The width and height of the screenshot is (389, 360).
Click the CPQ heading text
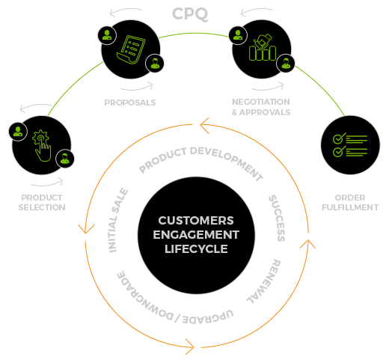click(x=190, y=14)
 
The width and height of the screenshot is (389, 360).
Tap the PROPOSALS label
click(x=130, y=103)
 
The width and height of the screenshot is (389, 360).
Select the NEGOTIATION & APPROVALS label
click(x=261, y=107)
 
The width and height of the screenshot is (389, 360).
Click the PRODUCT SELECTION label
click(x=42, y=202)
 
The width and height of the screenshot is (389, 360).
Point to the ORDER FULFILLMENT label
click(x=350, y=202)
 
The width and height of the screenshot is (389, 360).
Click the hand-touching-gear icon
click(x=42, y=145)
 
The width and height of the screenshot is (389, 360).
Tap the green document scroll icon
click(x=131, y=49)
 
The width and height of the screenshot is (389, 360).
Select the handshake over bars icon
click(x=263, y=47)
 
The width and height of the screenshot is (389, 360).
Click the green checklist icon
click(x=350, y=145)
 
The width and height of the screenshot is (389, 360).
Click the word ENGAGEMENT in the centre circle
click(x=196, y=235)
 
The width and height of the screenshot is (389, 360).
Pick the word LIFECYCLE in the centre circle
click(x=196, y=249)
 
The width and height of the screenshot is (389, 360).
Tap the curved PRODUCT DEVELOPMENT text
click(x=200, y=161)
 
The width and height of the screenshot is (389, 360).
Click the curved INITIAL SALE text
click(x=118, y=220)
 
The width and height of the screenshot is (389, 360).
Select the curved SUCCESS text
click(x=277, y=219)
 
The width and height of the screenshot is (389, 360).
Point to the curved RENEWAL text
click(x=264, y=281)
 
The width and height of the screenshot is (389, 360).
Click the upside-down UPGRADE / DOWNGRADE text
click(x=174, y=299)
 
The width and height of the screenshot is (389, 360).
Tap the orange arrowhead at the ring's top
click(x=205, y=125)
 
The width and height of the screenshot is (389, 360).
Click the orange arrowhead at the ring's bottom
click(x=189, y=347)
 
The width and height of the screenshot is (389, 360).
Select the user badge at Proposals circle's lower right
click(x=155, y=63)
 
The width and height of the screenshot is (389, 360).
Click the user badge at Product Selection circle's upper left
click(x=18, y=132)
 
